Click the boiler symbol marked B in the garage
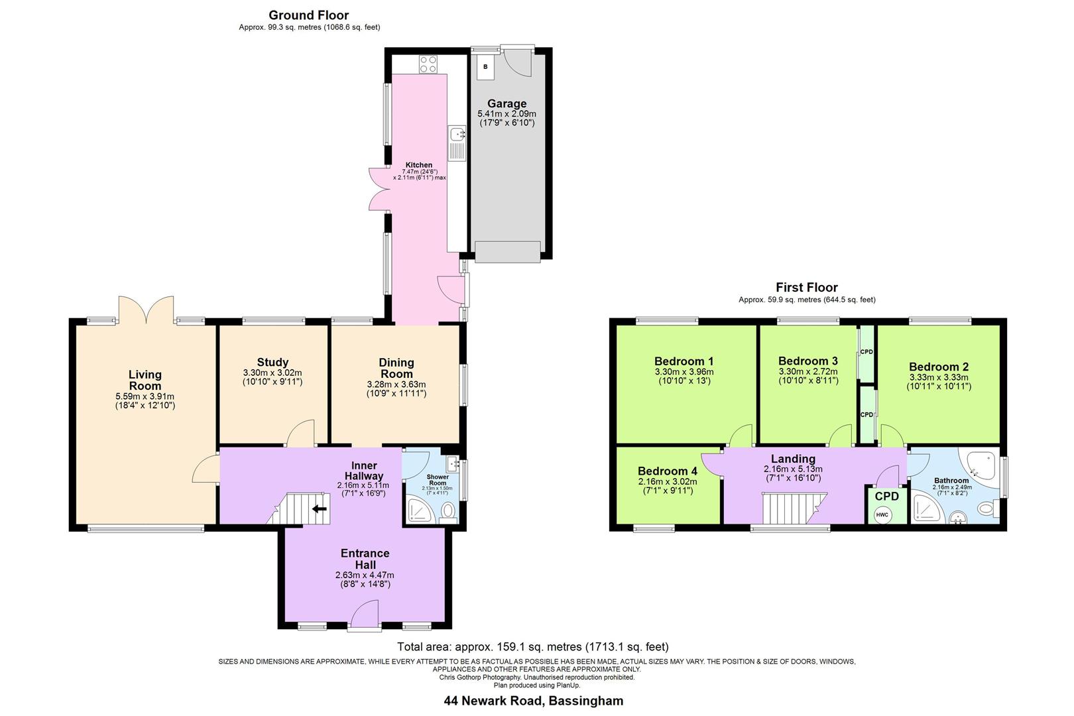click(x=485, y=67)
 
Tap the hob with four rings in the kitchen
click(x=428, y=64)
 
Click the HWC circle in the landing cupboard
click(x=882, y=515)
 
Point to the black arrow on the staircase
click(x=320, y=508)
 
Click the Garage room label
click(x=507, y=103)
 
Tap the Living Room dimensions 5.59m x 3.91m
click(x=145, y=396)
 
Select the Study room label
click(x=272, y=362)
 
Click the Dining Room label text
click(x=396, y=368)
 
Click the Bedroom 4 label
click(x=668, y=471)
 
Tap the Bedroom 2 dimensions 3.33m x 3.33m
click(x=939, y=377)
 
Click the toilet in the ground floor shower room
click(x=449, y=511)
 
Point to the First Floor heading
click(x=807, y=287)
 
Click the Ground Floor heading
click(x=309, y=15)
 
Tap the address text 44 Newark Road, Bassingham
click(x=533, y=700)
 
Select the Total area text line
click(x=532, y=646)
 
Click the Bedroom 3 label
click(x=807, y=361)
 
